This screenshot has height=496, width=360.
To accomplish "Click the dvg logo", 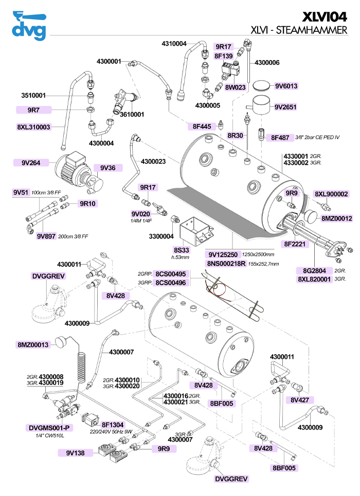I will [x=30, y=27].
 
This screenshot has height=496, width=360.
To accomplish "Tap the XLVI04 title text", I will [x=324, y=16].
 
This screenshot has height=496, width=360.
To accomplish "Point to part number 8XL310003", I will [x=34, y=126].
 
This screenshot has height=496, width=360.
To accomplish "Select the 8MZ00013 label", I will [x=33, y=344].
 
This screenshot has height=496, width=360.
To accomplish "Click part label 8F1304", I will [x=112, y=425].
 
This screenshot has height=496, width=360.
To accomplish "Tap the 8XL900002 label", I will [x=332, y=194].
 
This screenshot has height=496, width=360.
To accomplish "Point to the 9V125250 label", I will [x=223, y=254].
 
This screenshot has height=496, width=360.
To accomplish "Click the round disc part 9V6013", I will [x=262, y=85].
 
